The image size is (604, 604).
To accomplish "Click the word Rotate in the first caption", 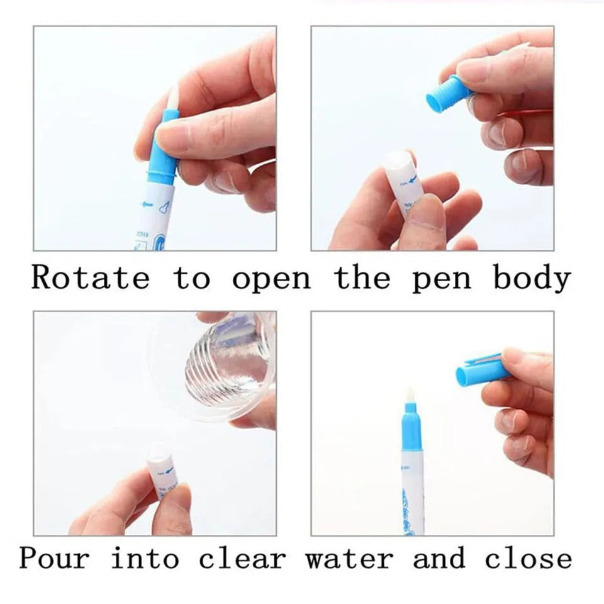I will [x=91, y=277].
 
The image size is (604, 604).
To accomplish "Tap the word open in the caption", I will [x=271, y=277].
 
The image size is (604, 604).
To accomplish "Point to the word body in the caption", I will [x=532, y=277].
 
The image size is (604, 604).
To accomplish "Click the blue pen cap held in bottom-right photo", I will [x=481, y=372].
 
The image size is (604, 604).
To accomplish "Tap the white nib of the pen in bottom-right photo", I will [x=410, y=396].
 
